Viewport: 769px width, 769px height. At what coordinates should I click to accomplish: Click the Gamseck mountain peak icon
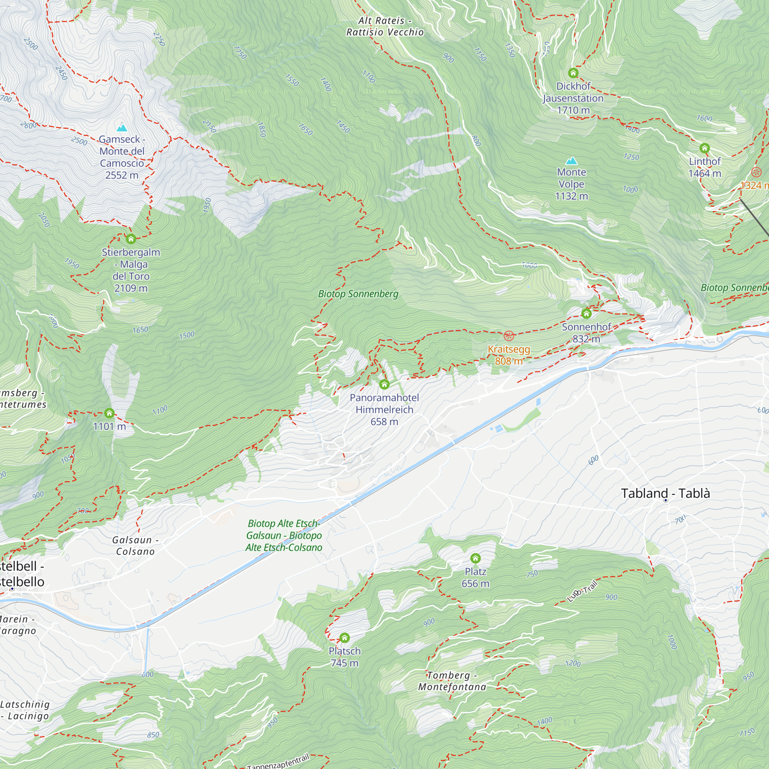pos(122,128)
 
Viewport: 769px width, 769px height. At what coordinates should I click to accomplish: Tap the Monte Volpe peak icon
pos(572,161)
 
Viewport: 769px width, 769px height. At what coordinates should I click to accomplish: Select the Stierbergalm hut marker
pos(131,239)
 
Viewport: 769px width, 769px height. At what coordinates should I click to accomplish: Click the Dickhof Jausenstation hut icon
pos(573,73)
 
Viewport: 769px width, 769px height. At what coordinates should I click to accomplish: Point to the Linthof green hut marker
pos(704,148)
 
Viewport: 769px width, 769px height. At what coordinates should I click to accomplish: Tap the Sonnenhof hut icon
pos(586,314)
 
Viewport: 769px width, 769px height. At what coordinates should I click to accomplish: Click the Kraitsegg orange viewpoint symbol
pos(509,336)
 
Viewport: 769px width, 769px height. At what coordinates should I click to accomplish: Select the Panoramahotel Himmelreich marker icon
pos(384,384)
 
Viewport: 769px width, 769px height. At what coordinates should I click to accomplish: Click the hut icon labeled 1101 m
pos(109,413)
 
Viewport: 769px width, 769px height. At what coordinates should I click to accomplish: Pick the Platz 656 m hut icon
pos(475,558)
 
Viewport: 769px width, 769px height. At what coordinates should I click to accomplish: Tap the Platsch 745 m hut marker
pos(344,638)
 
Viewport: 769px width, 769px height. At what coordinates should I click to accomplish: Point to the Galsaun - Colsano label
pos(135,546)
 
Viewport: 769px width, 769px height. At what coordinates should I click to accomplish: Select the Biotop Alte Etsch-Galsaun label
pos(284,535)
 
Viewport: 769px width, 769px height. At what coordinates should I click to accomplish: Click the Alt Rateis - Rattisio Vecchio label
pos(385,26)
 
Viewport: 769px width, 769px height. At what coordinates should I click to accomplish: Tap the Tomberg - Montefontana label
pos(452,681)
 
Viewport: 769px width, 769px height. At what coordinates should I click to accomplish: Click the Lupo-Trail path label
pos(582,591)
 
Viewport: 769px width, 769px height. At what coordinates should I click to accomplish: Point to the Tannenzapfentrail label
pos(278,761)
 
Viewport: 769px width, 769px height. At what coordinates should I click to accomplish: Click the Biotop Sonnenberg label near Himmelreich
pos(358,294)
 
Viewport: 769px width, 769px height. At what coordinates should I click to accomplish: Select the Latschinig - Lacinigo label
pos(25,710)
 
